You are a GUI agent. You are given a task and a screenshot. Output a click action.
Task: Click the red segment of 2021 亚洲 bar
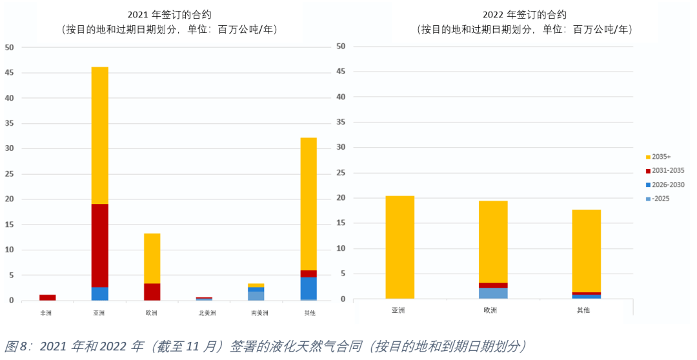[x=99, y=245]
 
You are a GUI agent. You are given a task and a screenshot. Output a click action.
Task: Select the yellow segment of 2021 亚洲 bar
[x=99, y=135]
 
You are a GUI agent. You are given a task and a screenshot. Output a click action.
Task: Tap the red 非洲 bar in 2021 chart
[x=47, y=297]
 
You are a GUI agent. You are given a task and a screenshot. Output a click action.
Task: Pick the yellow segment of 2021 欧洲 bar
[x=152, y=258]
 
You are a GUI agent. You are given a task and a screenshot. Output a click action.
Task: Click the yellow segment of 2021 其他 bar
[x=308, y=203]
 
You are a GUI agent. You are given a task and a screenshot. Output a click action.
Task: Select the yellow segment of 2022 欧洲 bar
[x=493, y=241]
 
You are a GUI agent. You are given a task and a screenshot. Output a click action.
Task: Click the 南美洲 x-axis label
[x=257, y=313]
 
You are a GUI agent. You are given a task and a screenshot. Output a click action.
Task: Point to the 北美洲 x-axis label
[x=205, y=313]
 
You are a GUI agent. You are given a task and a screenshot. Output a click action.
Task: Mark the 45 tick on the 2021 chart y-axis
[x=9, y=72]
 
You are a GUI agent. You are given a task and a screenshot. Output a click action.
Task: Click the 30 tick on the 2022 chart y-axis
[x=342, y=148]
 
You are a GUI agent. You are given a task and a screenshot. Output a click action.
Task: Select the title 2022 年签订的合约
[x=524, y=14]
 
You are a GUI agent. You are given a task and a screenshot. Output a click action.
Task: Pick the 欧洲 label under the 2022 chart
[x=490, y=310]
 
